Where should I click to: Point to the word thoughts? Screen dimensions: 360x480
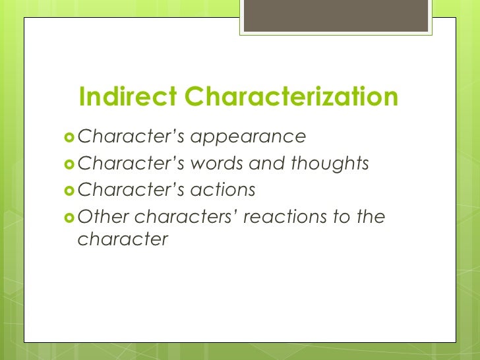point(330,164)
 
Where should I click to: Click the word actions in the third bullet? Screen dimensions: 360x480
point(222,190)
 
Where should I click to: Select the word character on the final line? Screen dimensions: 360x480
point(123,239)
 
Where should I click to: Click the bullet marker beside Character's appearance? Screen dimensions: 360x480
point(69,138)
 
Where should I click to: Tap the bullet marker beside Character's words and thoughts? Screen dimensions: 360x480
point(69,164)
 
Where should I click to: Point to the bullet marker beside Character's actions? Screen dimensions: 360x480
point(69,191)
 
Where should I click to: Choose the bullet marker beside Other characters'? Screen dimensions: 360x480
point(69,217)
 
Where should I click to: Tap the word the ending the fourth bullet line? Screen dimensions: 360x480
point(370,216)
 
